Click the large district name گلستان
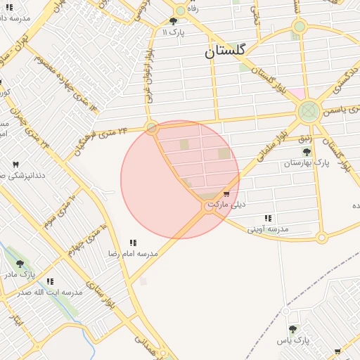(x=225, y=51)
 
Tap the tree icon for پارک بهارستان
(x=306, y=152)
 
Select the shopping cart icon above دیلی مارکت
(x=226, y=193)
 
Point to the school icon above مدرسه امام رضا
(x=133, y=243)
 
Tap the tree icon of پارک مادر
(x=20, y=264)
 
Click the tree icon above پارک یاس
(x=292, y=329)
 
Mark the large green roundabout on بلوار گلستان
(x=307, y=111)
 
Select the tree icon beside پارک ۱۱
(x=173, y=22)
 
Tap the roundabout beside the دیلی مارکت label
(x=209, y=207)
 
